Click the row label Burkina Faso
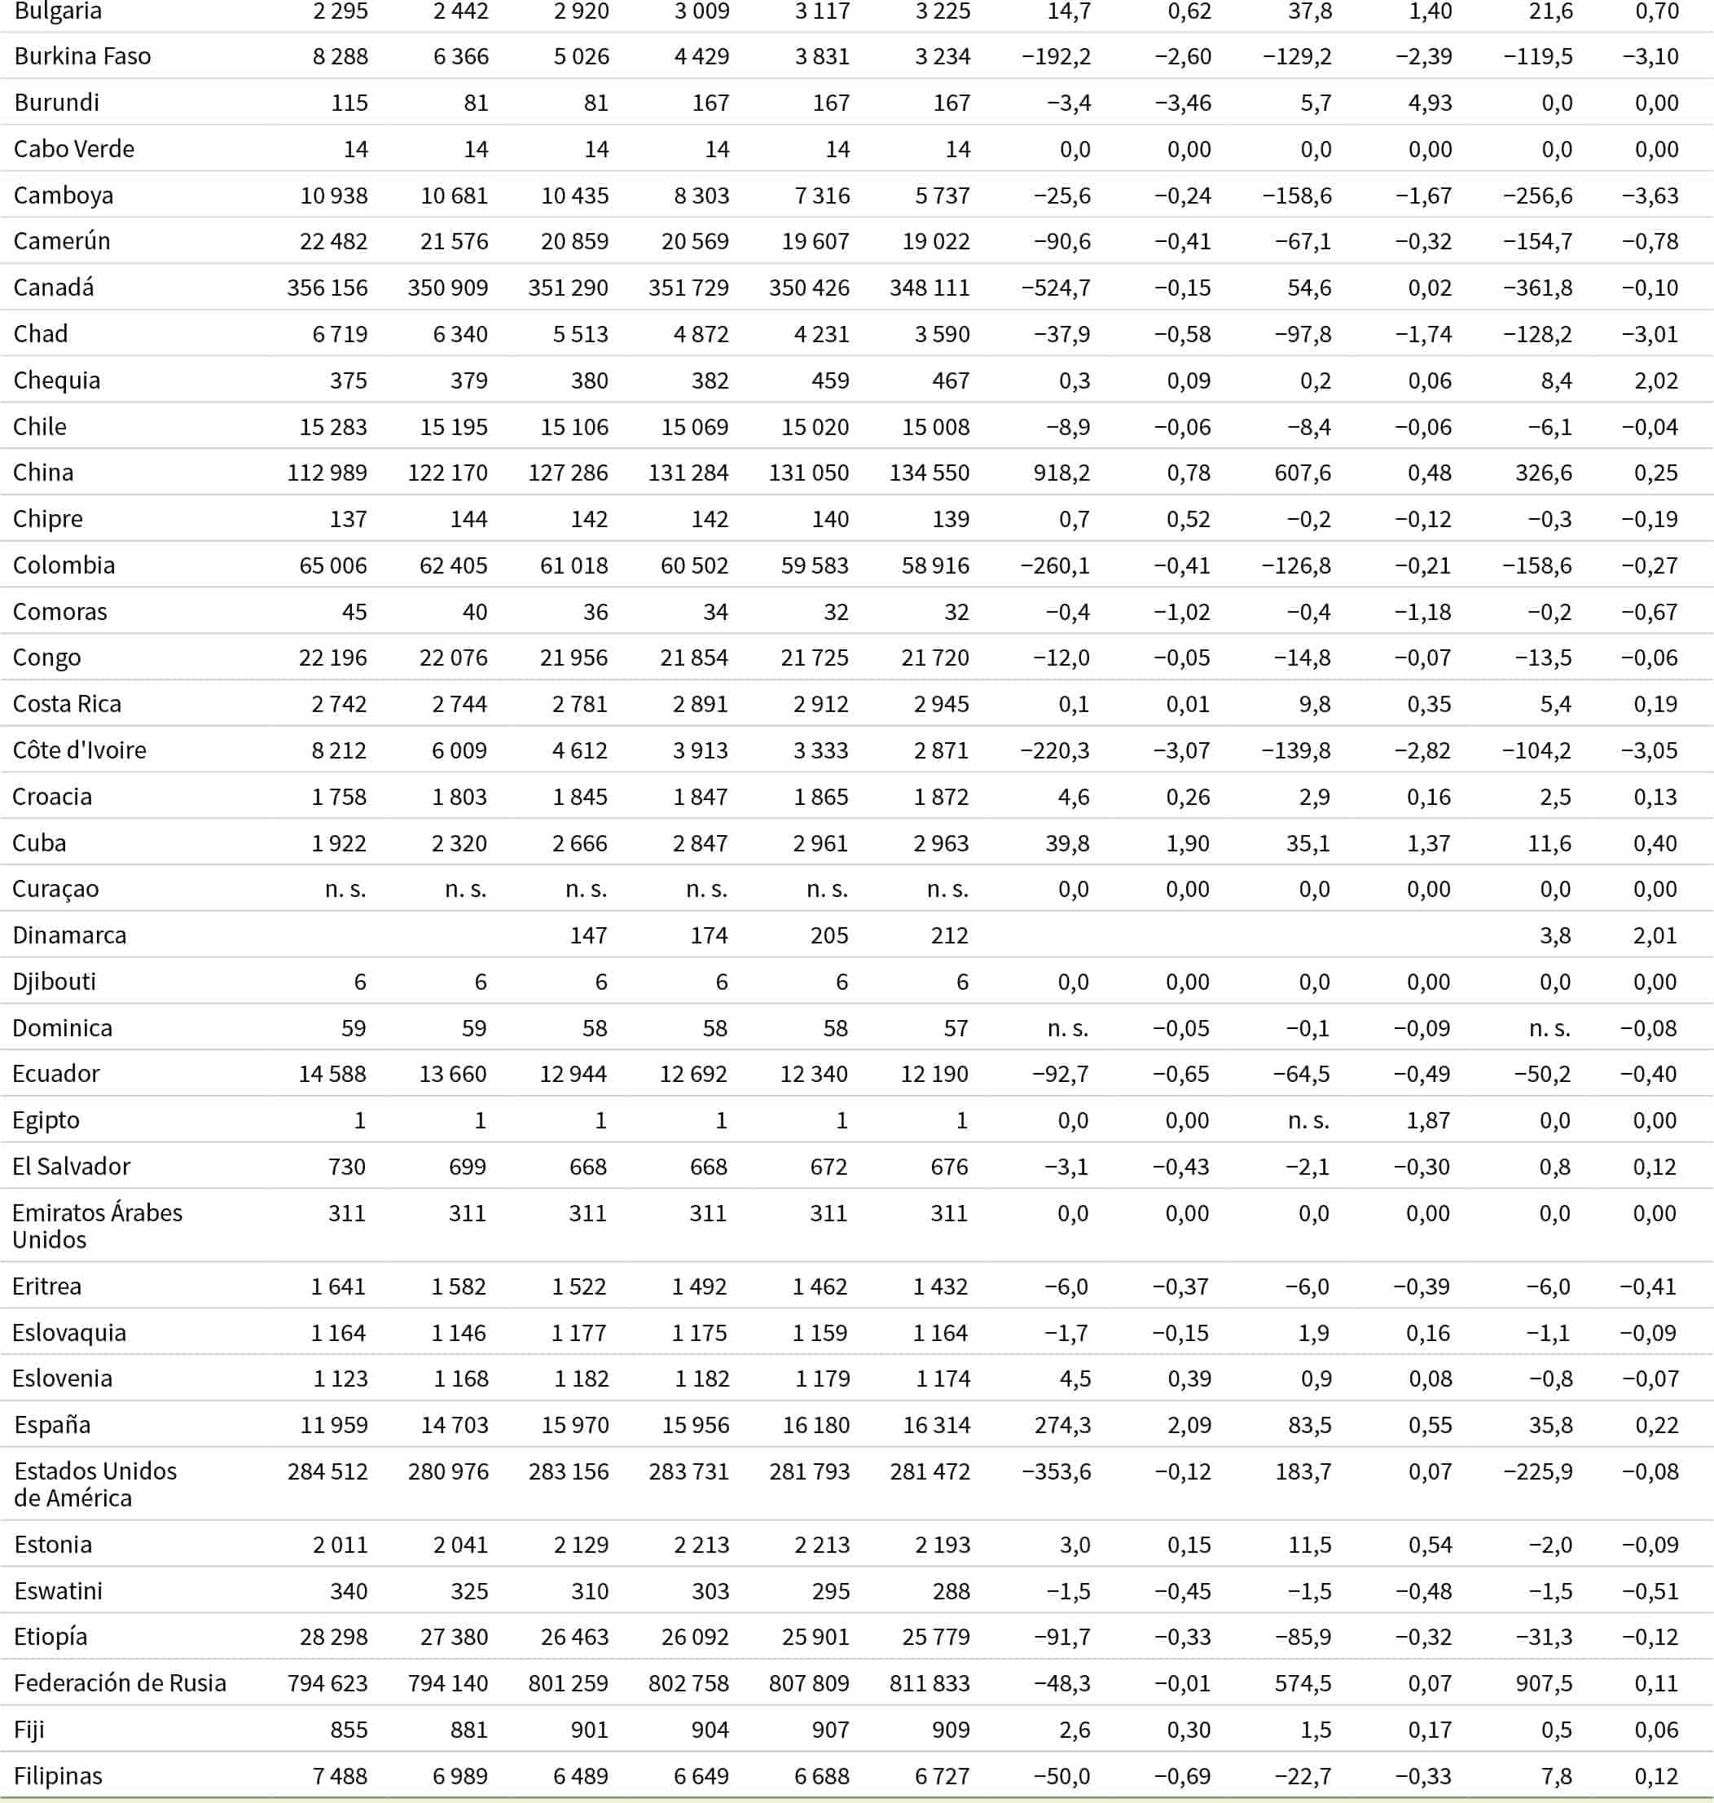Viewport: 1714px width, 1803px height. click(x=82, y=57)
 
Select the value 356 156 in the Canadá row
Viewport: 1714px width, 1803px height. click(x=327, y=288)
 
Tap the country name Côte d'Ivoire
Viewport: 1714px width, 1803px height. click(x=80, y=750)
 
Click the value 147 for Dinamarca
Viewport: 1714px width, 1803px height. click(x=588, y=936)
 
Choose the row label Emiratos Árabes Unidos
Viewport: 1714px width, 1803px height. click(x=97, y=1226)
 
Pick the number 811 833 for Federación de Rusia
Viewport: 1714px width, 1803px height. click(x=930, y=1683)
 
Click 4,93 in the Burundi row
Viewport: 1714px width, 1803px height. click(x=1430, y=103)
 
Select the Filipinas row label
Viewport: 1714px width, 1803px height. click(x=59, y=1775)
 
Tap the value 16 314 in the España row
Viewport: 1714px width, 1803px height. click(x=937, y=1425)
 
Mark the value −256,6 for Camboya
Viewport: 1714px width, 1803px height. click(x=1538, y=196)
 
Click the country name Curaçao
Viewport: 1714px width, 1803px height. click(x=55, y=889)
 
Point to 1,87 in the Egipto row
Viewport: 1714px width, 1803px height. click(x=1428, y=1120)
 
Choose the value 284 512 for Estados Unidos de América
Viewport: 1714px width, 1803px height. click(x=327, y=1471)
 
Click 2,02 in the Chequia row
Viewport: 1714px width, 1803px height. click(x=1655, y=380)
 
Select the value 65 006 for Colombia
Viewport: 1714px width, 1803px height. click(x=333, y=565)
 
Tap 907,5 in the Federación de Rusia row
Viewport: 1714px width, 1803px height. click(x=1544, y=1683)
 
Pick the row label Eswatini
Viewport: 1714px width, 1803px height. click(x=59, y=1591)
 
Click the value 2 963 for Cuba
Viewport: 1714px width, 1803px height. click(x=942, y=842)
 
